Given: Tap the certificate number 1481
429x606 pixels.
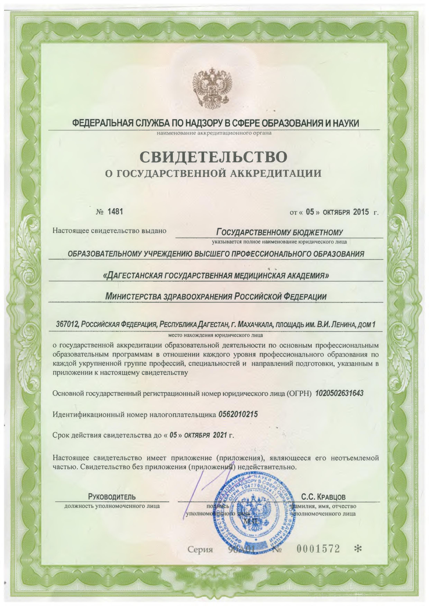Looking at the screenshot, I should [x=115, y=212].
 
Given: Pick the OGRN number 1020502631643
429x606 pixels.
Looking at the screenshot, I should [x=339, y=393].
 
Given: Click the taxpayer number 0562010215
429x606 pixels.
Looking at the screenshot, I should [x=238, y=415].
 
